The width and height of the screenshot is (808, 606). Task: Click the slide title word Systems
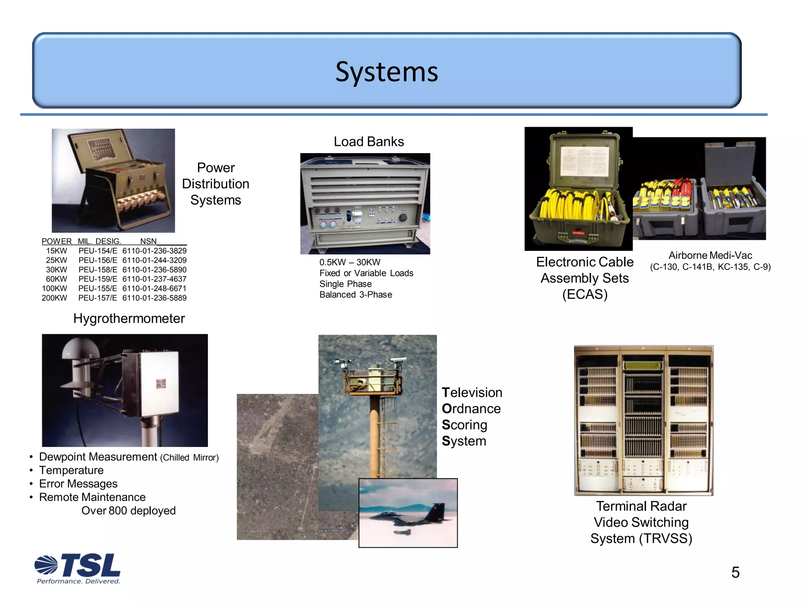click(387, 72)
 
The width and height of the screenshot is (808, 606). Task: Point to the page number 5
click(735, 572)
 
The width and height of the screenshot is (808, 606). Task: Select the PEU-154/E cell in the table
click(97, 251)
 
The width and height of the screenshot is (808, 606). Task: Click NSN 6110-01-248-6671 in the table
click(154, 288)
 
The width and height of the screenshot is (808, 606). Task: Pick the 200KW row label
click(54, 298)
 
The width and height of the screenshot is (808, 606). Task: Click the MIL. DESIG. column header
click(99, 241)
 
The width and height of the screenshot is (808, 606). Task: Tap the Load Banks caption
click(368, 142)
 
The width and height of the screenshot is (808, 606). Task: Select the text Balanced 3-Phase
click(355, 295)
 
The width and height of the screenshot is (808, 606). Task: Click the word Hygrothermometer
click(129, 318)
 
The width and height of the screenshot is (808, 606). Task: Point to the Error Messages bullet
click(78, 484)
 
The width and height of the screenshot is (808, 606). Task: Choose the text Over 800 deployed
click(128, 511)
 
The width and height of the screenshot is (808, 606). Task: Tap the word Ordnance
click(471, 409)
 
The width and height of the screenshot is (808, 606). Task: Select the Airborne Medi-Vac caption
click(710, 255)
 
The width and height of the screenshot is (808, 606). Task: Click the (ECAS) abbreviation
click(585, 294)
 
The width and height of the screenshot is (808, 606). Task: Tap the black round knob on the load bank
click(403, 217)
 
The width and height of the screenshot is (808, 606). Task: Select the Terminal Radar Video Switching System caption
click(641, 522)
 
